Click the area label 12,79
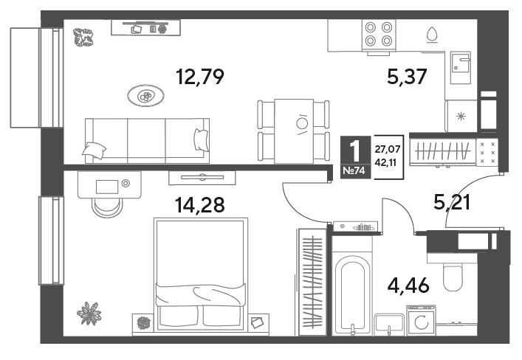click(200, 77)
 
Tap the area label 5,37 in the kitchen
click(407, 77)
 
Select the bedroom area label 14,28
click(200, 205)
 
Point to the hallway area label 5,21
click(452, 202)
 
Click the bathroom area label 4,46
click(408, 285)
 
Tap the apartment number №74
click(354, 171)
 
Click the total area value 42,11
click(385, 163)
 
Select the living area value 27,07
click(387, 150)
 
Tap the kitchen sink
click(461, 68)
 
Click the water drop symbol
click(432, 35)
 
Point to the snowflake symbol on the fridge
click(461, 117)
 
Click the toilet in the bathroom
click(453, 277)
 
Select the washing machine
click(421, 320)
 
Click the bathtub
click(352, 296)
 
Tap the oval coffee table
click(145, 96)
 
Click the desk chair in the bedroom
click(107, 207)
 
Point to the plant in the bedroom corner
click(89, 313)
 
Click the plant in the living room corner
click(83, 38)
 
